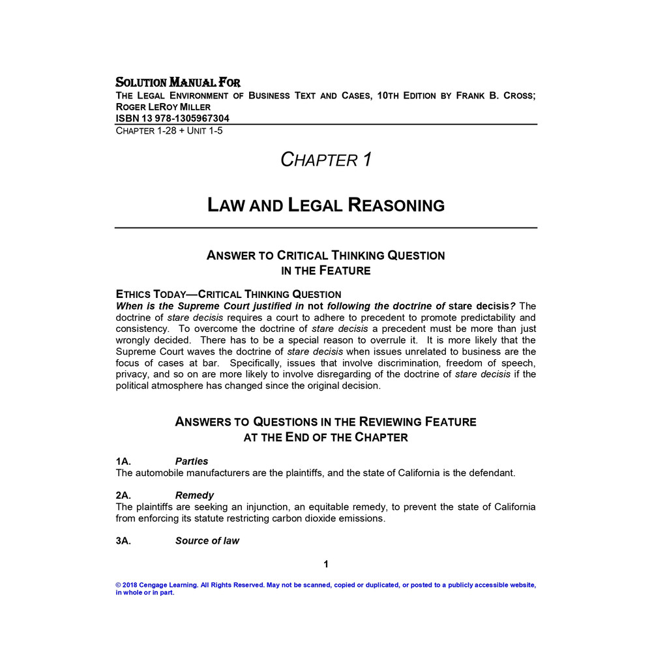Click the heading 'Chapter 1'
pos(326,159)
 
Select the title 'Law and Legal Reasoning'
pos(326,205)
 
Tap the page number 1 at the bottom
pos(326,564)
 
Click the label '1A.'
pos(124,462)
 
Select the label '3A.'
pos(124,541)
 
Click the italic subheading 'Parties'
pos(192,462)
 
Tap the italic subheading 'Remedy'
pos(194,496)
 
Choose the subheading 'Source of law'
pos(207,541)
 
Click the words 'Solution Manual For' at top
pos(178,83)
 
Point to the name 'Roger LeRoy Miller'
pos(163,107)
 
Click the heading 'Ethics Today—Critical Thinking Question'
pos(228,294)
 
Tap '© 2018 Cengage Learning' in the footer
pos(156,585)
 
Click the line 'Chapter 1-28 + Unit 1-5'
pos(170,130)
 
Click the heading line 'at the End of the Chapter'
pos(326,437)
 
